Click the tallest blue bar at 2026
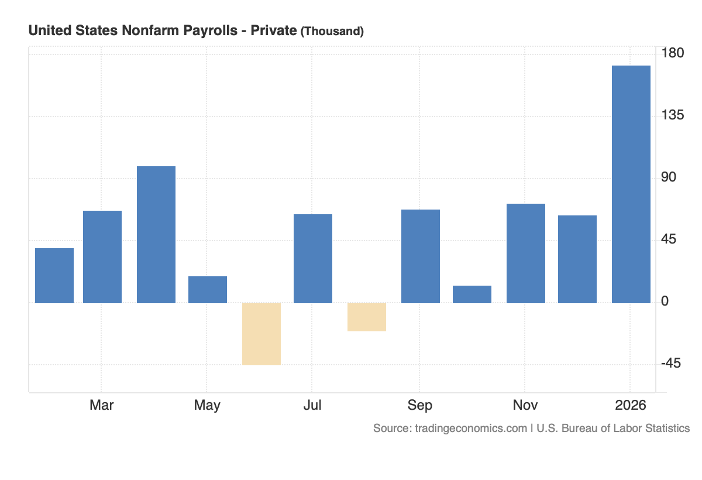pos(631,184)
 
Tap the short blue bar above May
pos(208,289)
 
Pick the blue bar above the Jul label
pos(313,258)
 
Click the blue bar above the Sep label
pos(421,256)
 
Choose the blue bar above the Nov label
pos(526,253)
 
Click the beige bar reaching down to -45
pos(261,334)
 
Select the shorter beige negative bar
pos(367,317)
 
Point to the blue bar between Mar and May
pos(156,234)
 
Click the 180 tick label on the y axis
pos(672,53)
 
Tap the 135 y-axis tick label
pos(672,115)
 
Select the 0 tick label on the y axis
pos(665,301)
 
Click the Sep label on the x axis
pos(420,405)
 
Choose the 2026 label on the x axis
pos(631,405)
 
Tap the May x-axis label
pos(207,405)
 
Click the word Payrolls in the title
pos(217,31)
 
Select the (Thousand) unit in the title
pos(332,32)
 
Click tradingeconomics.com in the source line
pos(471,428)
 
